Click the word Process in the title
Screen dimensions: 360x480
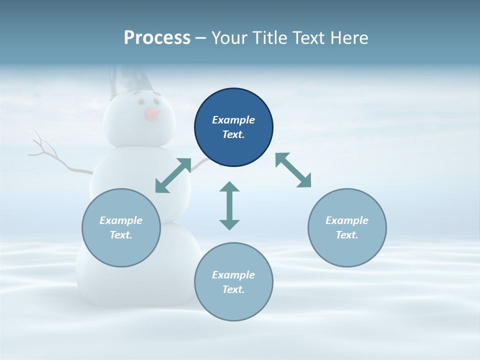pyautogui.click(x=157, y=38)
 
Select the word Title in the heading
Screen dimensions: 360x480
pyautogui.click(x=270, y=38)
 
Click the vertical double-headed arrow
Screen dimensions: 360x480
pyautogui.click(x=229, y=205)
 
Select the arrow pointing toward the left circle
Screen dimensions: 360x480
pyautogui.click(x=173, y=175)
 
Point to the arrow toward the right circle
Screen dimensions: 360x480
pyautogui.click(x=293, y=170)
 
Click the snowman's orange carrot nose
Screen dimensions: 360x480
pyautogui.click(x=152, y=114)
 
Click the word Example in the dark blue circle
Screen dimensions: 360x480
pyautogui.click(x=233, y=120)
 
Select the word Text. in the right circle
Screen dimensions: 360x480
pyautogui.click(x=347, y=235)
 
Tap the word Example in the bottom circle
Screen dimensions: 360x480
pyautogui.click(x=233, y=275)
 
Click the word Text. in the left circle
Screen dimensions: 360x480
pyautogui.click(x=121, y=235)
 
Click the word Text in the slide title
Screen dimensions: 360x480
pyautogui.click(x=310, y=38)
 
